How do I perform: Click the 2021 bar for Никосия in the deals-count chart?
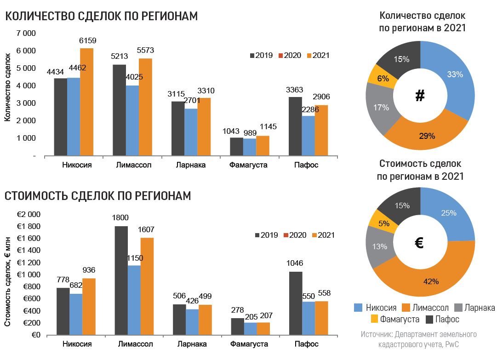click(x=86, y=102)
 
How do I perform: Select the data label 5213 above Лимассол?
click(x=120, y=57)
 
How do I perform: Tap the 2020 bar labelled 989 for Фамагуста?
click(x=250, y=147)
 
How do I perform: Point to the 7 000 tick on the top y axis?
click(x=26, y=34)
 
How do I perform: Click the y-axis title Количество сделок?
click(x=7, y=87)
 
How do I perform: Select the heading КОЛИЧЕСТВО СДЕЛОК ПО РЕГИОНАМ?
click(x=101, y=16)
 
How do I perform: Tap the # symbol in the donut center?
click(x=419, y=96)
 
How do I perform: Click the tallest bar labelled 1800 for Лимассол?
click(x=121, y=280)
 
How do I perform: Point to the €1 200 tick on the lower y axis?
click(x=29, y=263)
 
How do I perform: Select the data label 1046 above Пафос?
click(x=296, y=263)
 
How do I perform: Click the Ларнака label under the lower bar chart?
click(x=191, y=344)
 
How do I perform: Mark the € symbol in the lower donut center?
click(x=419, y=243)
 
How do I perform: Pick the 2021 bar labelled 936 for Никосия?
click(x=89, y=306)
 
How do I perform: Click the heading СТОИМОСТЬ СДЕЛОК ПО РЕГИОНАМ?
click(x=97, y=196)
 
